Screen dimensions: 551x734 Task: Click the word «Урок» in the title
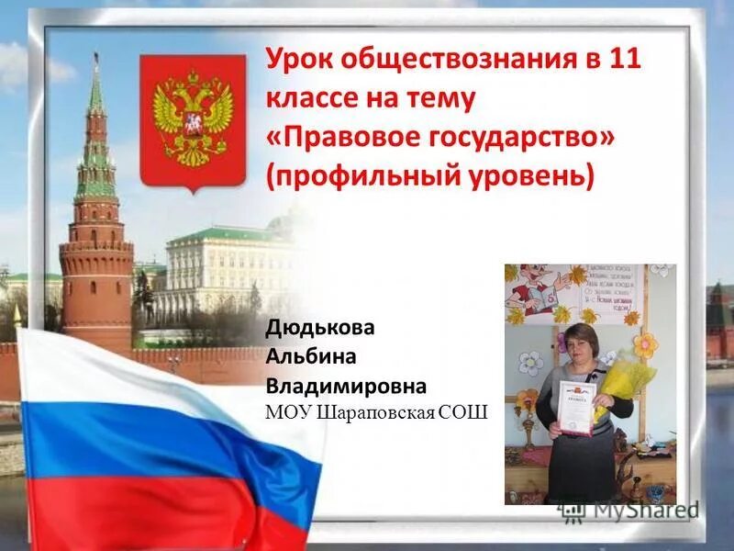(299, 61)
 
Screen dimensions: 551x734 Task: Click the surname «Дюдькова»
(319, 327)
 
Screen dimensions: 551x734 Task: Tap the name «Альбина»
(308, 355)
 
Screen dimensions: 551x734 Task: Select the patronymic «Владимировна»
(346, 384)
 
